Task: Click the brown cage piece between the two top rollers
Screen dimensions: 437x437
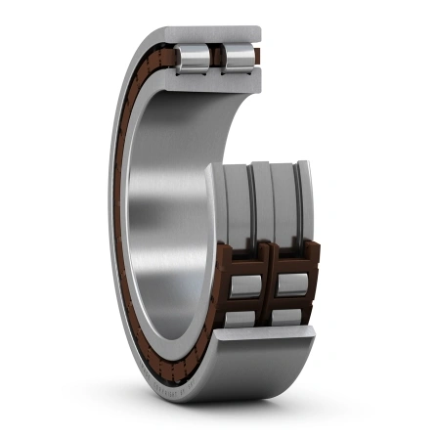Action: click(216, 57)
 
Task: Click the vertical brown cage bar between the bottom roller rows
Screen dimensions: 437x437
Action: click(267, 293)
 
